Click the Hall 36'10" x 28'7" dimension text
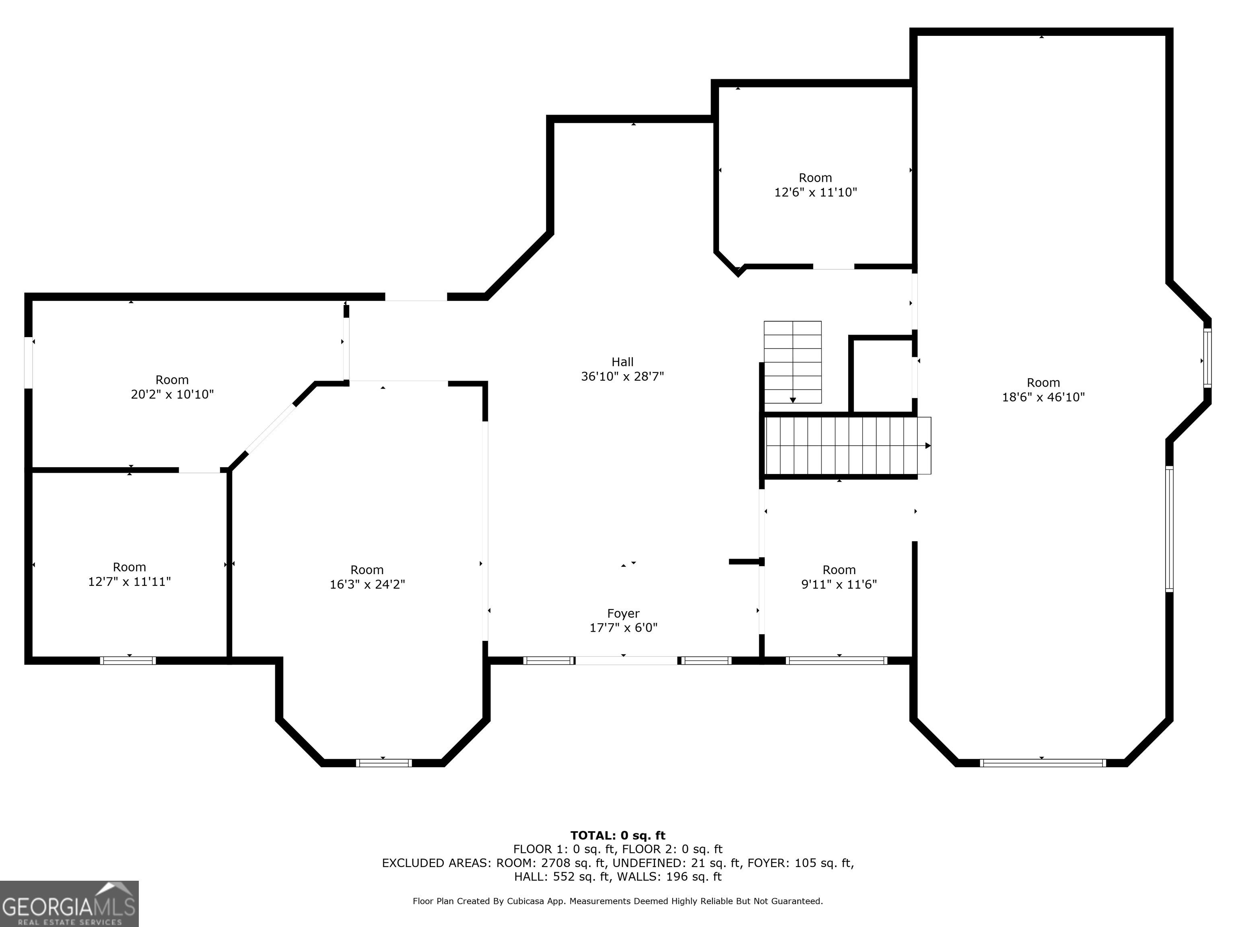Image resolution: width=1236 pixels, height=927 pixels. (622, 377)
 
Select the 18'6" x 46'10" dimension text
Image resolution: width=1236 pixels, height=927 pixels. (1043, 397)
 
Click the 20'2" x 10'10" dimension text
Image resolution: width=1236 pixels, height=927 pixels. (172, 394)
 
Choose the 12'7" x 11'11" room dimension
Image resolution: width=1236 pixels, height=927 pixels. (129, 582)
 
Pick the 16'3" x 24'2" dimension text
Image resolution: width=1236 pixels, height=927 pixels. (367, 585)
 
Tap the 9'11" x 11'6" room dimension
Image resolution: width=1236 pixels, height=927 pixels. (839, 585)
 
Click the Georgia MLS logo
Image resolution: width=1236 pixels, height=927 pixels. (69, 904)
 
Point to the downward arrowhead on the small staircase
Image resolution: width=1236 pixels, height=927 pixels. (793, 400)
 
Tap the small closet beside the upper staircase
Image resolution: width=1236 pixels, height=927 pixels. (882, 375)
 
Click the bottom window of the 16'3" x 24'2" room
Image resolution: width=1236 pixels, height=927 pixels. (384, 763)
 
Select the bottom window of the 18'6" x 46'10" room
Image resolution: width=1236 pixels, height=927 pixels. (1042, 763)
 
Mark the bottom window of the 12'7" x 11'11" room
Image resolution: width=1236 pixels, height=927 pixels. (128, 661)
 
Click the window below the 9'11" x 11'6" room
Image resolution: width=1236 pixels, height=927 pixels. (836, 661)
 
